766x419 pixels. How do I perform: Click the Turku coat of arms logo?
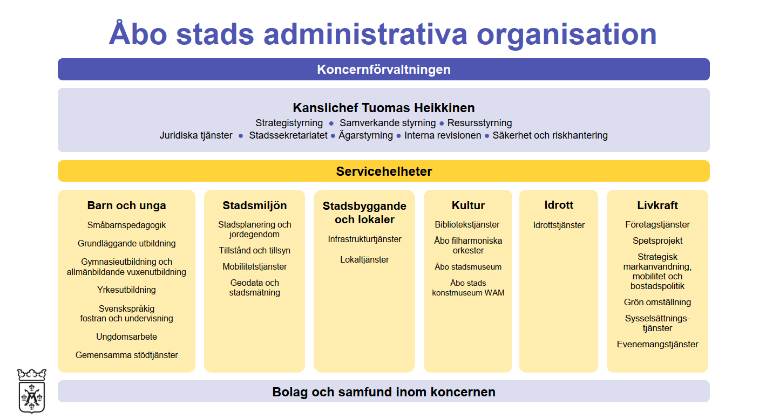32,390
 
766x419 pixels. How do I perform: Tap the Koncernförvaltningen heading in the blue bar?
384,70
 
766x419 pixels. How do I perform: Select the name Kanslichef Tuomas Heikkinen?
384,108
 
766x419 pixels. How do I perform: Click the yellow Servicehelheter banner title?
384,171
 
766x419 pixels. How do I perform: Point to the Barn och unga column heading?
126,205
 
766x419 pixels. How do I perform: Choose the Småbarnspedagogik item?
126,225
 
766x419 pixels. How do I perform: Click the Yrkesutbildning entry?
126,290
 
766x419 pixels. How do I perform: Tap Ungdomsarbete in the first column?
126,336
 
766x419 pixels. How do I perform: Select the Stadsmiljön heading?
255,205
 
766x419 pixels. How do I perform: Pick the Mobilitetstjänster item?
255,266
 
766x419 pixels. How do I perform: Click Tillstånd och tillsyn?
255,250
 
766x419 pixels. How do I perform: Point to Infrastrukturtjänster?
364,239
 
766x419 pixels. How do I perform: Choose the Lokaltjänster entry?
364,259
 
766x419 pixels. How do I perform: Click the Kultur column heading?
468,205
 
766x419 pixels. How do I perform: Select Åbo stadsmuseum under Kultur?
468,266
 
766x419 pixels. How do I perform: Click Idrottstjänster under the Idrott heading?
559,225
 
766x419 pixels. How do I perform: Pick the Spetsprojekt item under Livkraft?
657,241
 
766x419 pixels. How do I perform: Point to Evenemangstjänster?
657,344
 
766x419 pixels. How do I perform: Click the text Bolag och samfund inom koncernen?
384,392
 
